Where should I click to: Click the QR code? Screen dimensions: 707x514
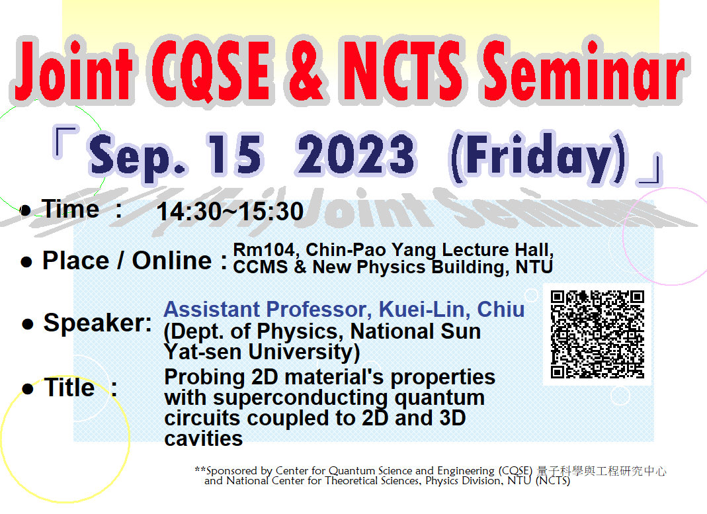(x=597, y=334)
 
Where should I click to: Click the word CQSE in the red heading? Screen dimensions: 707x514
(x=211, y=71)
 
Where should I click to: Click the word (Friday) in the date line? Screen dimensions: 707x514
(x=538, y=157)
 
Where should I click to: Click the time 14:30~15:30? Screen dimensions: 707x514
(x=230, y=211)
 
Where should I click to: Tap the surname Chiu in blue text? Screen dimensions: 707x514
(x=501, y=310)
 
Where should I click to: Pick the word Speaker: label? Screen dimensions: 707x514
(x=98, y=323)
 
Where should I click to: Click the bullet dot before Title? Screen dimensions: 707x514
(x=28, y=389)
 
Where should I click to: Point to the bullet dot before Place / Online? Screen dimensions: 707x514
(x=26, y=262)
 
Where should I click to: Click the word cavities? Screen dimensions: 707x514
(x=203, y=438)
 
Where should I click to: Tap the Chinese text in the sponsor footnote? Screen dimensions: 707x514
(x=601, y=471)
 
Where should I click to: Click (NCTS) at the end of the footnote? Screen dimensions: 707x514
(x=553, y=481)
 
